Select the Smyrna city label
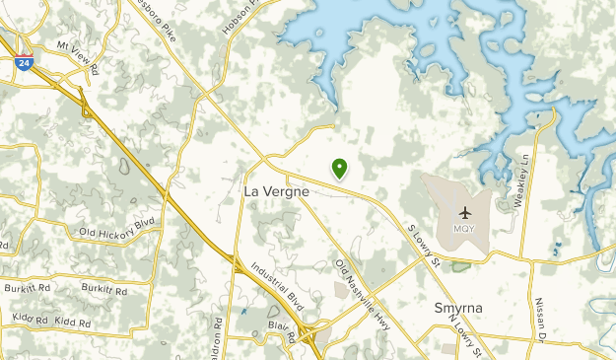[x=458, y=308]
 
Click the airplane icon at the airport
[x=465, y=213]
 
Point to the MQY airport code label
[x=465, y=229]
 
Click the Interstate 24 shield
[x=23, y=62]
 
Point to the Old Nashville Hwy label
[x=356, y=279]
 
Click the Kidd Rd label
[x=73, y=323]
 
